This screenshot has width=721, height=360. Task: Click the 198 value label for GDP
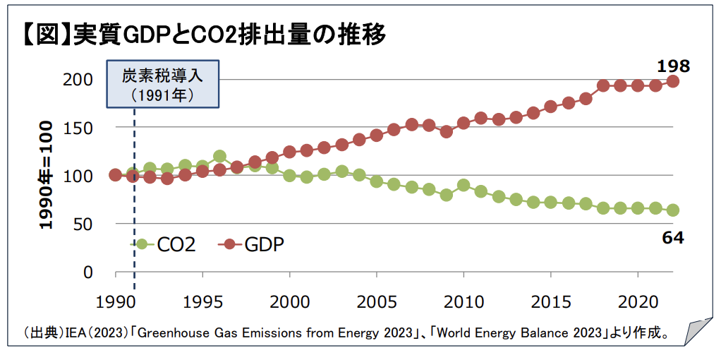673,67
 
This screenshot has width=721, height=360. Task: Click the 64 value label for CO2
673,238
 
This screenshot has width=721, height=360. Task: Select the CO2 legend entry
164,244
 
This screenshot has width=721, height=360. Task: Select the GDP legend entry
250,244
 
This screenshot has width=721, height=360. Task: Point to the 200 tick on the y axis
79,79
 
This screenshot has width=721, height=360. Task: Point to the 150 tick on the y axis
79,128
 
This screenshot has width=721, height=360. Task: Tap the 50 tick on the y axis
83,224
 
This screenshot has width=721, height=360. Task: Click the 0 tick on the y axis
88,272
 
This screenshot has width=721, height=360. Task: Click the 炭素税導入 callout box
162,85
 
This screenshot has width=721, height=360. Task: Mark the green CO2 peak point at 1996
219,156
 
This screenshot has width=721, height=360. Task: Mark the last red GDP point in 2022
673,81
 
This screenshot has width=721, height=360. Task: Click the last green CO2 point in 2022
673,210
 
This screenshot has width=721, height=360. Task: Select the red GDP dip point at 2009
446,131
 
